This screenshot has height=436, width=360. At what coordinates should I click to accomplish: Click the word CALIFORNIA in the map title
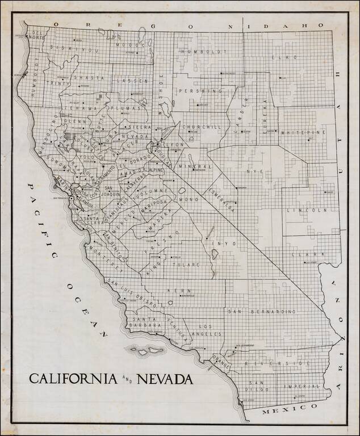click(x=73, y=379)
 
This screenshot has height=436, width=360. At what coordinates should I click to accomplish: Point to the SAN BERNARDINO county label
click(x=262, y=312)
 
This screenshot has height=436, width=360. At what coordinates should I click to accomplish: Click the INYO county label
click(x=220, y=244)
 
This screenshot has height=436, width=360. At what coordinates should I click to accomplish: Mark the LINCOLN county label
click(x=316, y=210)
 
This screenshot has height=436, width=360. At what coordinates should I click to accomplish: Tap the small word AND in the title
click(x=125, y=380)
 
